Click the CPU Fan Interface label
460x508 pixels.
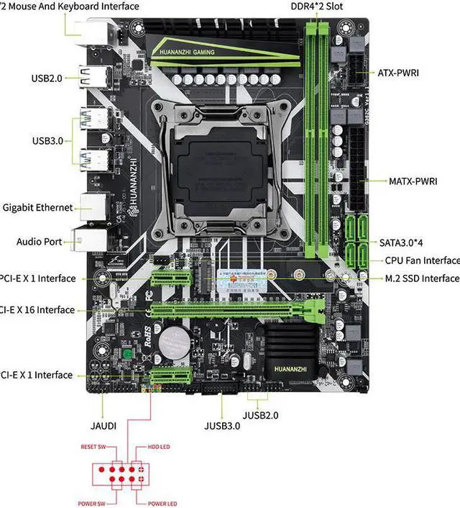coord(422,260)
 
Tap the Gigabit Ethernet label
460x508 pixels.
coord(37,208)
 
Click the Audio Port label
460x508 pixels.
coord(39,242)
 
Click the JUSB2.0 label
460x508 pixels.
coord(260,415)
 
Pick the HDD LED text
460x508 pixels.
coord(159,446)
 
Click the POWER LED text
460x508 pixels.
coord(162,503)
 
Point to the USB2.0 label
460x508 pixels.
coord(50,78)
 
